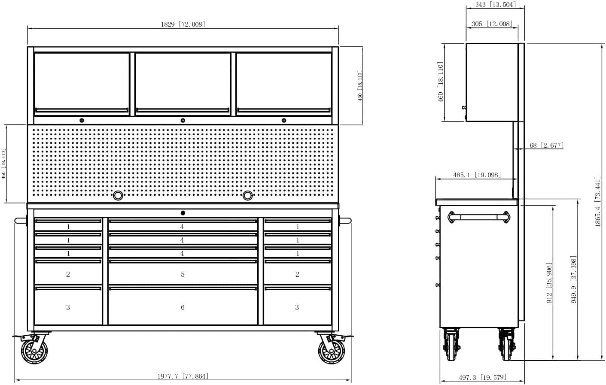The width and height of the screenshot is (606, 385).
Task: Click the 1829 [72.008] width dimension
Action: click(x=183, y=24)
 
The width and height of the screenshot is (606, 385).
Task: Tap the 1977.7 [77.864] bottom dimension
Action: click(x=183, y=376)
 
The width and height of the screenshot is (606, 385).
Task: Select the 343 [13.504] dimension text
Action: click(x=496, y=4)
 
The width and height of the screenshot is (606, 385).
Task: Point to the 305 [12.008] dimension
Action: click(x=492, y=24)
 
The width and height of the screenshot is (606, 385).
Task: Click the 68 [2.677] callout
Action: click(x=546, y=145)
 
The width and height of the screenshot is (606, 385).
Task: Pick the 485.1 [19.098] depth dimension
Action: click(x=477, y=175)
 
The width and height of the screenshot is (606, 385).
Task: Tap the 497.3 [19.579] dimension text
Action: click(x=482, y=377)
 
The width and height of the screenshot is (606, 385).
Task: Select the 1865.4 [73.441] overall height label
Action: click(x=597, y=201)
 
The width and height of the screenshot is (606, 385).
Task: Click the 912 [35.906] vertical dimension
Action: click(x=549, y=283)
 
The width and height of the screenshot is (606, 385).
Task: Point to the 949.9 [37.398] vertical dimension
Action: click(x=573, y=279)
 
